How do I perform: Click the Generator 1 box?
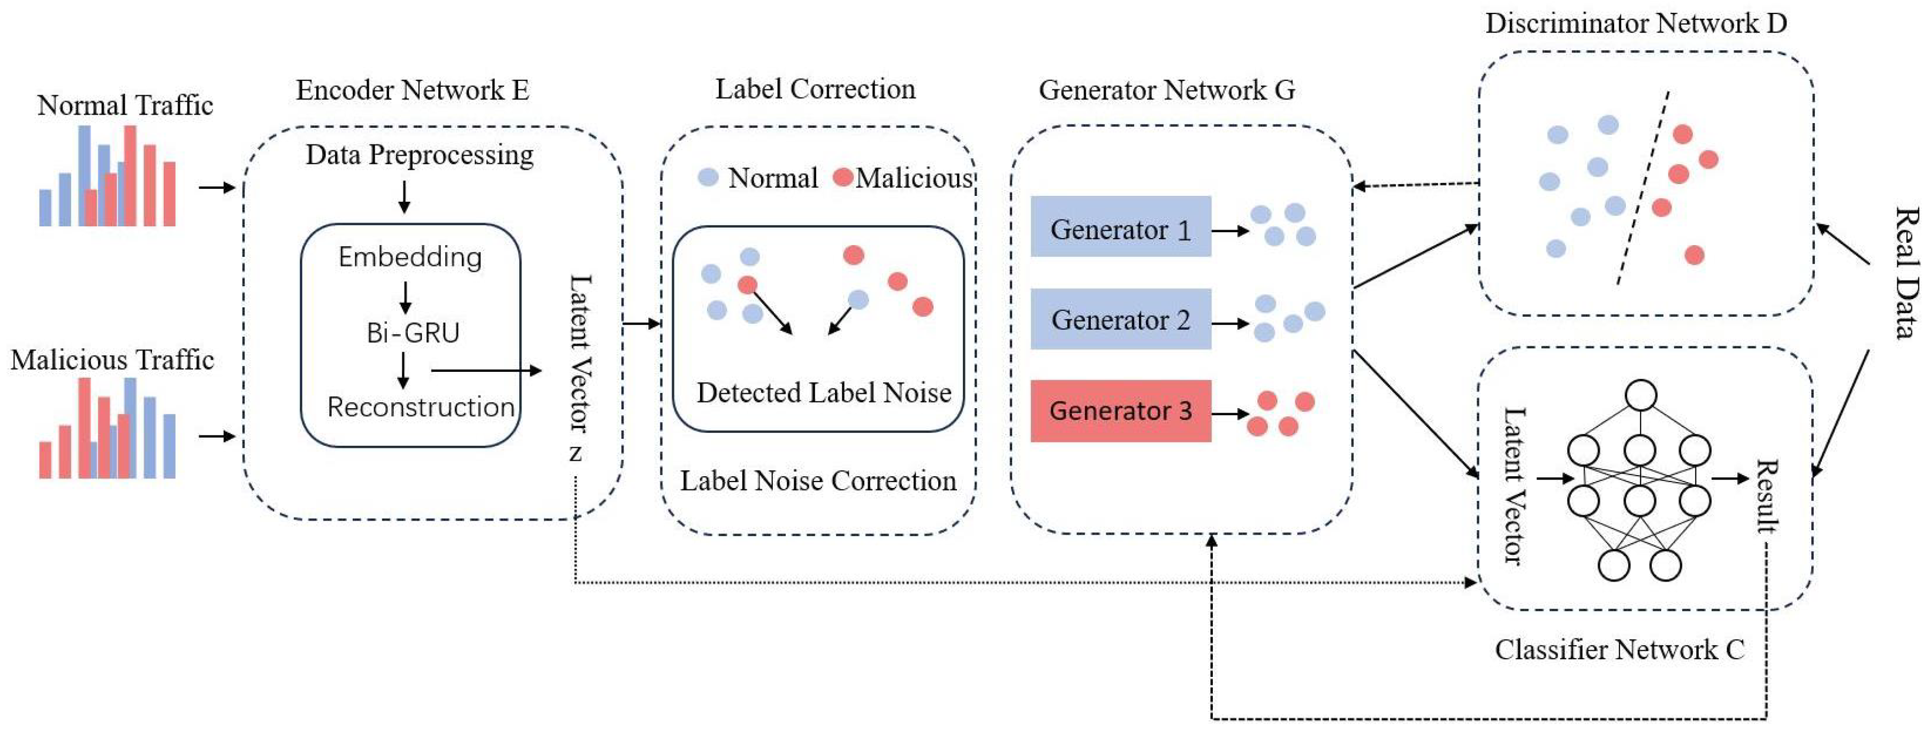point(1120,227)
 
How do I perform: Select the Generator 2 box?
point(1120,319)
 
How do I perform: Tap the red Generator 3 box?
point(1120,410)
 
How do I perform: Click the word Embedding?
point(410,257)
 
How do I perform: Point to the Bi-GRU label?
point(413,333)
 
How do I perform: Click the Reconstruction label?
point(420,407)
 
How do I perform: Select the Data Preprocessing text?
point(420,155)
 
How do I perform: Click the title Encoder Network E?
point(412,90)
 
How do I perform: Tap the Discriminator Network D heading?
point(1636,23)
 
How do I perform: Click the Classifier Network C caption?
point(1619,649)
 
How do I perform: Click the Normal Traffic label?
point(125,105)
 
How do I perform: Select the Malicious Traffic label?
point(112,360)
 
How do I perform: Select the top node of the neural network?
point(1641,395)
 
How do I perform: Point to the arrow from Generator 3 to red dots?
point(1229,414)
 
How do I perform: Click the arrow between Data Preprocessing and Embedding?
point(405,196)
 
